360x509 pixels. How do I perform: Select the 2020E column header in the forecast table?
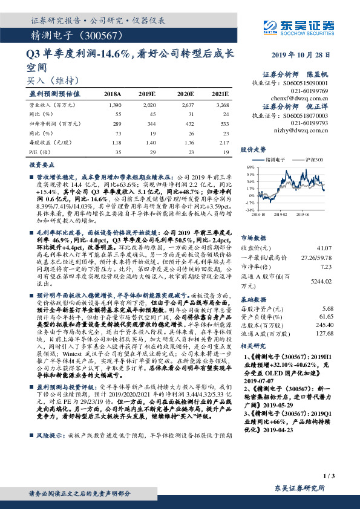point(185,95)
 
